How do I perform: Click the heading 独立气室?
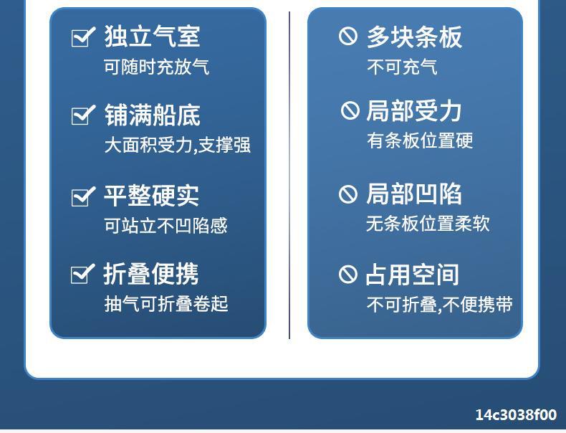pyautogui.click(x=152, y=36)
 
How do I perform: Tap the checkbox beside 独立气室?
pyautogui.click(x=83, y=37)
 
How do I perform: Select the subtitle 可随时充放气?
pyautogui.click(x=156, y=67)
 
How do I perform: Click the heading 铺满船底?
pyautogui.click(x=153, y=115)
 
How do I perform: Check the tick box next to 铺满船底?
pyautogui.click(x=83, y=115)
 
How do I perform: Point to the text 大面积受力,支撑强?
pyautogui.click(x=177, y=146)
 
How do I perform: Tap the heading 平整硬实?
pyautogui.click(x=151, y=196)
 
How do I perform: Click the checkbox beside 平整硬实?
pyautogui.click(x=83, y=196)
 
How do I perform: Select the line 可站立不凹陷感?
pyautogui.click(x=166, y=226)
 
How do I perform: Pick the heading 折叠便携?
pyautogui.click(x=151, y=273)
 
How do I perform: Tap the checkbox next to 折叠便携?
pyautogui.click(x=82, y=274)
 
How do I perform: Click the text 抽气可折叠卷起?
pyautogui.click(x=166, y=303)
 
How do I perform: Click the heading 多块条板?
pyautogui.click(x=414, y=37)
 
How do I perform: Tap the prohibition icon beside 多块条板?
pyautogui.click(x=348, y=36)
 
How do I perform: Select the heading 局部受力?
pyautogui.click(x=413, y=110)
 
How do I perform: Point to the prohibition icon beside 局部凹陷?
pyautogui.click(x=348, y=194)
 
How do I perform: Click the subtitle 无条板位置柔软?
pyautogui.click(x=428, y=224)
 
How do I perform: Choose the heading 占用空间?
pyautogui.click(x=412, y=275)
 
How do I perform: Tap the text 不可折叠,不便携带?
pyautogui.click(x=440, y=304)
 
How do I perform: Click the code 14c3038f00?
pyautogui.click(x=516, y=414)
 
